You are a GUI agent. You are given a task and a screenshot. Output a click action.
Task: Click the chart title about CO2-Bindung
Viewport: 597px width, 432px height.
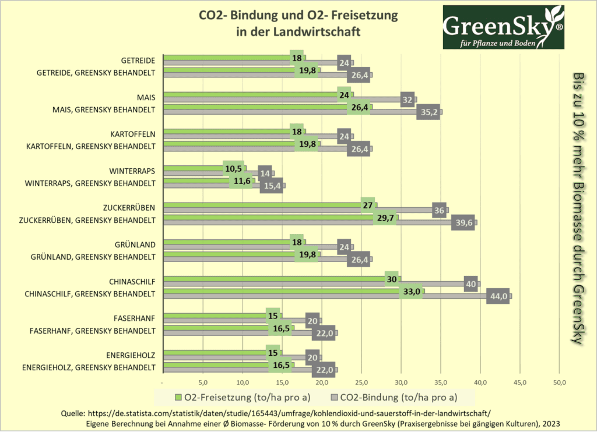point(298,23)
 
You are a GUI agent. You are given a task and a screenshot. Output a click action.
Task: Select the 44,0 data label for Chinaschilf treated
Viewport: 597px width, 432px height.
point(498,296)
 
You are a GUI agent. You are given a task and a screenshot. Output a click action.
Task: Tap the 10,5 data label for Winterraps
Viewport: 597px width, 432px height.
point(233,168)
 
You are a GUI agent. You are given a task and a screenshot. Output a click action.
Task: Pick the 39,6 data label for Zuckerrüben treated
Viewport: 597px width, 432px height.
point(462,222)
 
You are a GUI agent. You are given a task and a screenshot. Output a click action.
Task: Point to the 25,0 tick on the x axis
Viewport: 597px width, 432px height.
point(361,383)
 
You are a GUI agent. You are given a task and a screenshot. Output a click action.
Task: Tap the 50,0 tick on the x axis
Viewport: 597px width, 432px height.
point(559,383)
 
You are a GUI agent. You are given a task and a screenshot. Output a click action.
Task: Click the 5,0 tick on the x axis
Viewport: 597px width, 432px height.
point(203,383)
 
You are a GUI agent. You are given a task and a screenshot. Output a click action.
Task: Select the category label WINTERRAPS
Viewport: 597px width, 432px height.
point(132,171)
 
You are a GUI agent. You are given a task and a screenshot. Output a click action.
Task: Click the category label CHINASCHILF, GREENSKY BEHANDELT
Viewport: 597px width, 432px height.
point(90,293)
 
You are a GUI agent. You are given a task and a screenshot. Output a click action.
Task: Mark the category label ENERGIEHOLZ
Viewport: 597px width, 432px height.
point(131,354)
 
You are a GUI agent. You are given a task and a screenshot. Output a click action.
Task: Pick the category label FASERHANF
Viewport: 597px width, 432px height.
point(135,318)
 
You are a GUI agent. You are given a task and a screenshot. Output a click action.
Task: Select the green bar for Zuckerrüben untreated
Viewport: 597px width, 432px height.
point(262,205)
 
